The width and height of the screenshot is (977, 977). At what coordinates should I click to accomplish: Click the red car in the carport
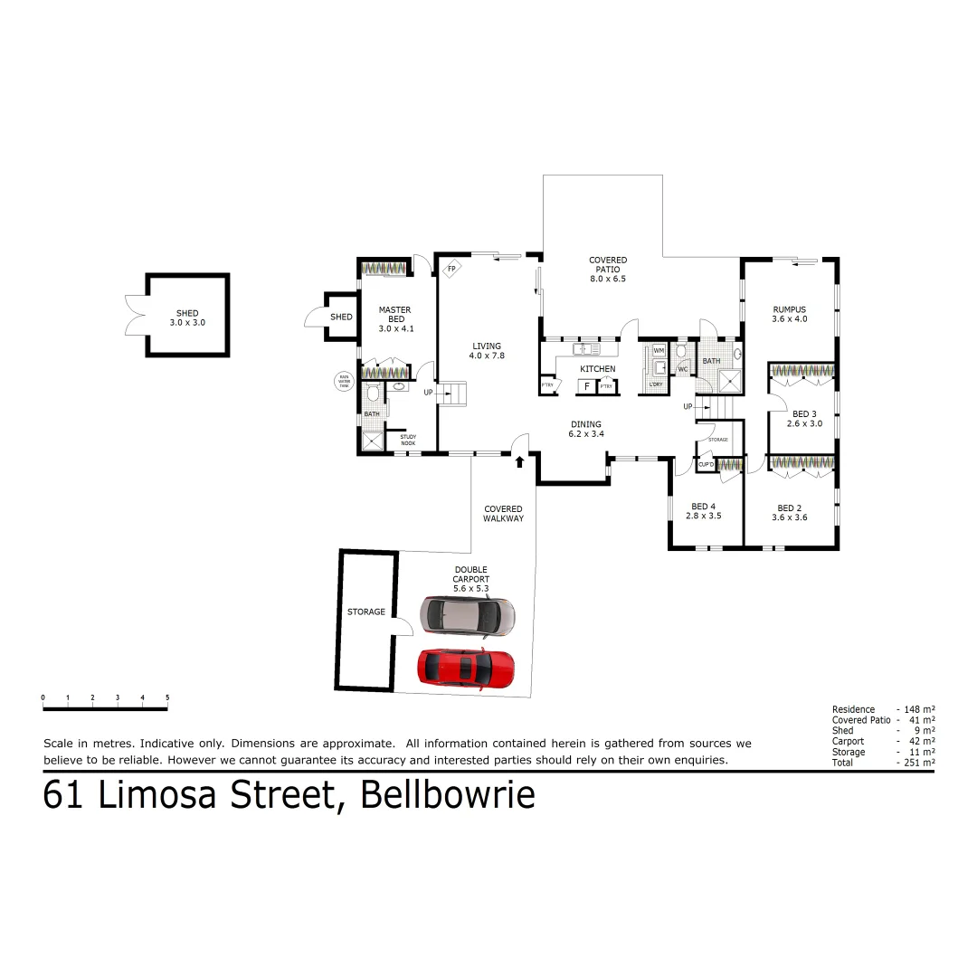(465, 669)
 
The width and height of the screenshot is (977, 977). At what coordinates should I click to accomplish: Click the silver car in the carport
(469, 615)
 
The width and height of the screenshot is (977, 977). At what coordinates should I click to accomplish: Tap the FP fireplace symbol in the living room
(451, 268)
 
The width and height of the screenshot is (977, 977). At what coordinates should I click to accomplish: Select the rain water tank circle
(344, 382)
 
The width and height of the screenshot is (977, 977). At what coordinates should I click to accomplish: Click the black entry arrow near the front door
(519, 462)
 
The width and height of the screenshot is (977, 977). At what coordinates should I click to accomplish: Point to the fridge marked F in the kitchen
(587, 387)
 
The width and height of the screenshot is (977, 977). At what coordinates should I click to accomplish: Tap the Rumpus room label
(789, 309)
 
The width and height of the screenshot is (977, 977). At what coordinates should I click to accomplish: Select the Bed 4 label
(703, 507)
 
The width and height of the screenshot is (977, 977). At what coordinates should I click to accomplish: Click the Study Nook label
(408, 440)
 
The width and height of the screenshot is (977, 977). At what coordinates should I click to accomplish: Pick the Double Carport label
(471, 574)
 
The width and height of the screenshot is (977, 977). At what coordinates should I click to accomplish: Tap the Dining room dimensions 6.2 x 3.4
(586, 434)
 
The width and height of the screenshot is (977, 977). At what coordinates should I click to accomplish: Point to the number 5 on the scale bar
(167, 697)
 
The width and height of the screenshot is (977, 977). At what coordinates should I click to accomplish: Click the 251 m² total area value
(916, 764)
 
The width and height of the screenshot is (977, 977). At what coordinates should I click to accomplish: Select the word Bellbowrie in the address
(448, 795)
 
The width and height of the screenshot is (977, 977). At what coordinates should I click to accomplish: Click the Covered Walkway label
(503, 514)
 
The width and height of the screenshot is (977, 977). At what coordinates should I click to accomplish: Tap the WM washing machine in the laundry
(659, 349)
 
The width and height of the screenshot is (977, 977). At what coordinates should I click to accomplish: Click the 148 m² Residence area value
(916, 709)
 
